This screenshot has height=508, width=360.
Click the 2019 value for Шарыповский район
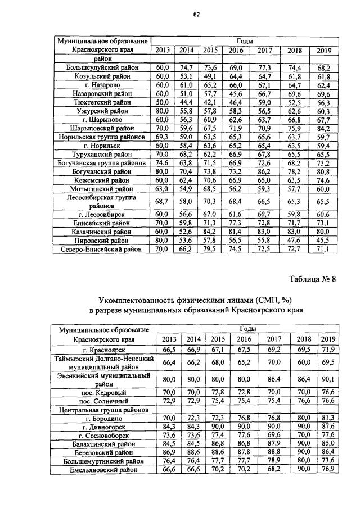point(323,128)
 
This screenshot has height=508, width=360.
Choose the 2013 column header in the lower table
point(169,339)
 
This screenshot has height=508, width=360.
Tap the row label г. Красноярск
point(103,350)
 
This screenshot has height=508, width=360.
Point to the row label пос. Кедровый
point(103,392)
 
